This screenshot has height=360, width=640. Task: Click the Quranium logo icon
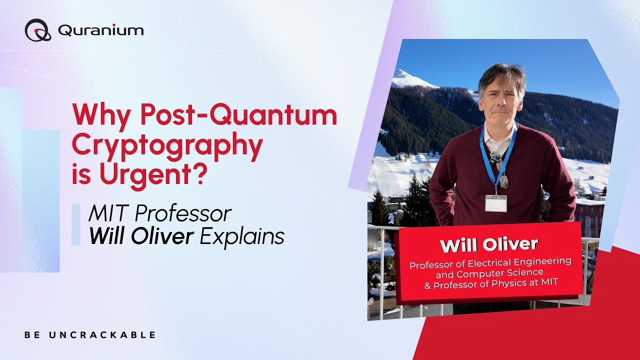[38, 30]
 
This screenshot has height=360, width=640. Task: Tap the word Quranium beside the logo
[101, 30]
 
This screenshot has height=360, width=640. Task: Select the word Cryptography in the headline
[167, 145]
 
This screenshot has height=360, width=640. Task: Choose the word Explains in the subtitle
[242, 236]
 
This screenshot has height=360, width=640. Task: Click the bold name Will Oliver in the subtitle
[141, 236]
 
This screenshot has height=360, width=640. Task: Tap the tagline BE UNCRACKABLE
[90, 335]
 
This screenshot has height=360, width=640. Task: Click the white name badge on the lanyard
[495, 203]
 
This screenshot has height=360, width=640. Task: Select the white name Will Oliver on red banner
[489, 244]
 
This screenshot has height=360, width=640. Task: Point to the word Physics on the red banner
[520, 283]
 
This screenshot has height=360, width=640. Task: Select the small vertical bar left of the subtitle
[75, 224]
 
